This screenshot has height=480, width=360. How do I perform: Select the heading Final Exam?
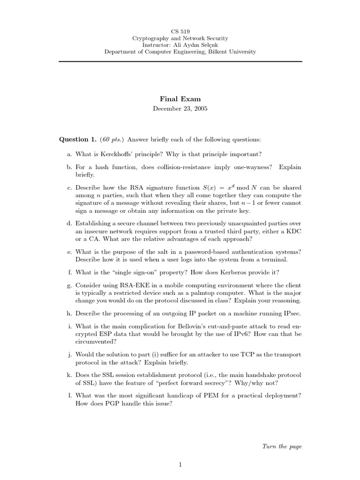(180, 99)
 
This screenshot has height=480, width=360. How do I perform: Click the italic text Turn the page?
(282, 446)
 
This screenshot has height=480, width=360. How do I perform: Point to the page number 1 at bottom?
(180, 465)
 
